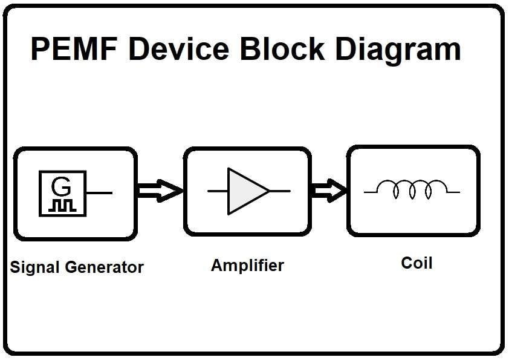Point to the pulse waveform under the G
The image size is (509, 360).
(62, 205)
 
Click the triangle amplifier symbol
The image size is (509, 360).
(245, 191)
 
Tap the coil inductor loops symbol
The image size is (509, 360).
(412, 190)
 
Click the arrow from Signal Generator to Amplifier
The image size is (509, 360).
(159, 191)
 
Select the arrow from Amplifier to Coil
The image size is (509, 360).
(329, 191)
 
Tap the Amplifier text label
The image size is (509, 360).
(247, 265)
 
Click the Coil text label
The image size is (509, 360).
(417, 263)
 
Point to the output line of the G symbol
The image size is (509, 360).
(99, 193)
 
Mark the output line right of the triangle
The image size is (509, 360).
(280, 191)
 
